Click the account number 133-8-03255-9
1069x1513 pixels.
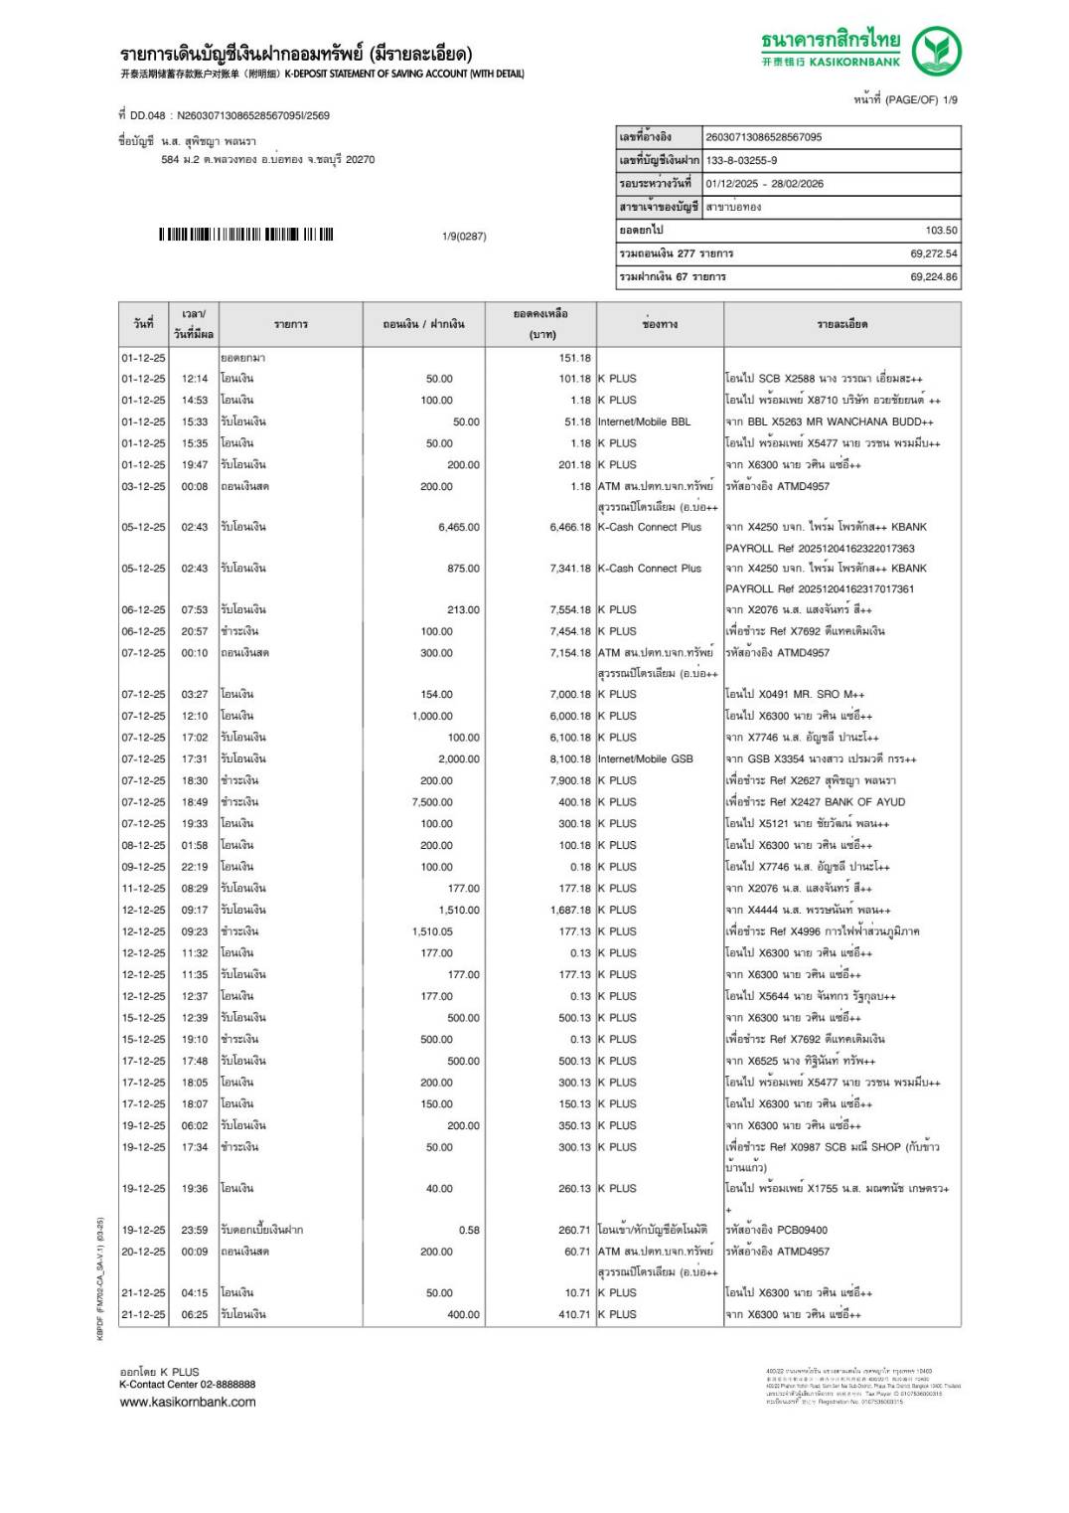[741, 160]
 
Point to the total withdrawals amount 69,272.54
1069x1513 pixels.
[933, 253]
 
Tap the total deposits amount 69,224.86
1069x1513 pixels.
[933, 277]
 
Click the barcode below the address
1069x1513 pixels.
[245, 235]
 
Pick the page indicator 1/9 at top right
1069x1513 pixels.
[949, 99]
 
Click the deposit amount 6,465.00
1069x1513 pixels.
[458, 528]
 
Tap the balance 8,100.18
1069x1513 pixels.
[569, 759]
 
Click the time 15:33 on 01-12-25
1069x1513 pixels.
[195, 421]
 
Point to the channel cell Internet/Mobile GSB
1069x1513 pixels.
[645, 759]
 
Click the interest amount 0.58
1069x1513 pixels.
[469, 1231]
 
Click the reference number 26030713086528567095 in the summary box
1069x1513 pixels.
[763, 137]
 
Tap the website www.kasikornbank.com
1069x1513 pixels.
[188, 1403]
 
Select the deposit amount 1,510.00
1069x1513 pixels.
[458, 911]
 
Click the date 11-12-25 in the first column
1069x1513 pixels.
[144, 889]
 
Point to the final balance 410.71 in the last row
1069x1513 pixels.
[574, 1315]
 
